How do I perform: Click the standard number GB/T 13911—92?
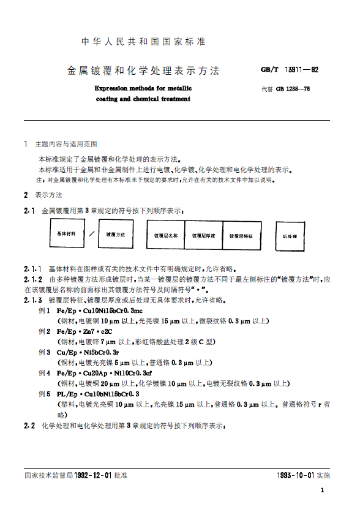[289, 70]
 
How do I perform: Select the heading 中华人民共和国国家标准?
[144, 42]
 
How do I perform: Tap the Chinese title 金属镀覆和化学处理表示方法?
[143, 70]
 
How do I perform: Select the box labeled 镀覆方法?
[116, 234]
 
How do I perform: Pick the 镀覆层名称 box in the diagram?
[165, 235]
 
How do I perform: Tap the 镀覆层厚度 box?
[204, 235]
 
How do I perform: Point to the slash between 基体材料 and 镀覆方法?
[91, 234]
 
